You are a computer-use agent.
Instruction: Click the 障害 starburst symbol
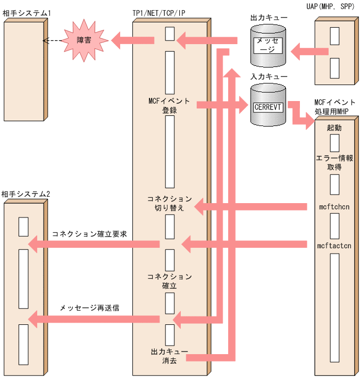point(83,40)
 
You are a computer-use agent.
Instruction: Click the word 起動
point(334,128)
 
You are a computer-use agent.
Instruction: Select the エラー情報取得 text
point(334,162)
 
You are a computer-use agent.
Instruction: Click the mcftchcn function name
point(334,206)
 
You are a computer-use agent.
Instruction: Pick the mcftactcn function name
point(334,246)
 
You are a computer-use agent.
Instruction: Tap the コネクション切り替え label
point(170,204)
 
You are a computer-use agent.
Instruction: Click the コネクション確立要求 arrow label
point(89,234)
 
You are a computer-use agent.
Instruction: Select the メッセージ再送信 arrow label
point(89,308)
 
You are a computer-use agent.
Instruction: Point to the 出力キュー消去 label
point(166,356)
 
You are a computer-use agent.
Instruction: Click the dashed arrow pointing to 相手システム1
point(52,40)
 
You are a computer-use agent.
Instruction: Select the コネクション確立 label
point(170,281)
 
